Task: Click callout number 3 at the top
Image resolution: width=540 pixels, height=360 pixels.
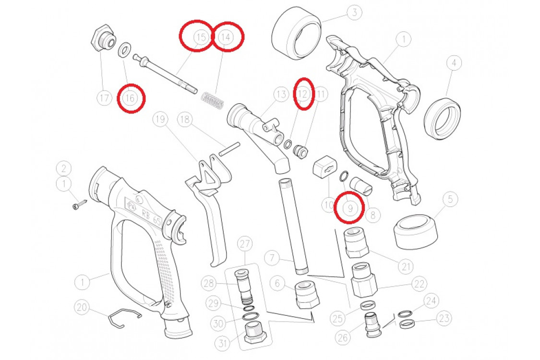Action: click(x=354, y=13)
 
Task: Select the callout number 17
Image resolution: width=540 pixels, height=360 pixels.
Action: click(x=104, y=98)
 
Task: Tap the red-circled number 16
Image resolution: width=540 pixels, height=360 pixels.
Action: click(x=130, y=98)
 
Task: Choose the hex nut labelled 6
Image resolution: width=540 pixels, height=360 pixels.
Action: click(x=307, y=295)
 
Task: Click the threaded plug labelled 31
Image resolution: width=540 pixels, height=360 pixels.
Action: click(x=255, y=333)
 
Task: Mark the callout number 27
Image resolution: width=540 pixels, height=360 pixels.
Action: click(x=244, y=244)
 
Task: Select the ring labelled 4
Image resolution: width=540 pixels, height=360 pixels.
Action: click(x=443, y=119)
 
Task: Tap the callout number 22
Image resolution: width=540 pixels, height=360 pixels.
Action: click(x=419, y=284)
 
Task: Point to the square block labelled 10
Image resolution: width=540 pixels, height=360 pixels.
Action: click(x=324, y=167)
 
